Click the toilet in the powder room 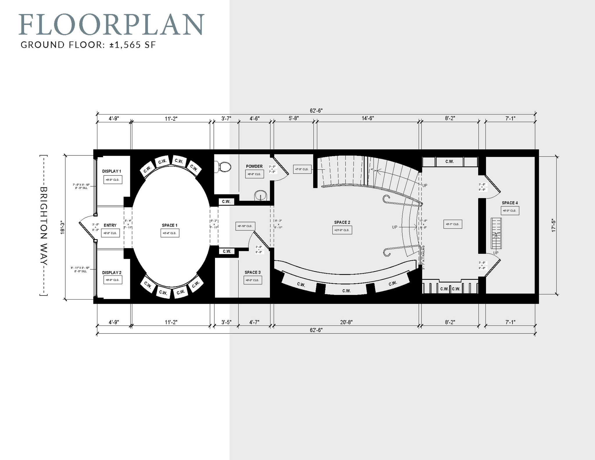pyautogui.click(x=224, y=167)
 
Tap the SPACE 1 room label pyautogui.click(x=169, y=225)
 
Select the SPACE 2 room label pyautogui.click(x=342, y=222)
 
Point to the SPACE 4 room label pyautogui.click(x=510, y=203)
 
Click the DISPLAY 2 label pyautogui.click(x=112, y=273)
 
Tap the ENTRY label pyautogui.click(x=110, y=225)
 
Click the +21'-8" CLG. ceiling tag pyautogui.click(x=342, y=230)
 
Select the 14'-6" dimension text pyautogui.click(x=368, y=118)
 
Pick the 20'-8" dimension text pyautogui.click(x=346, y=322)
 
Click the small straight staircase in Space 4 pyautogui.click(x=496, y=233)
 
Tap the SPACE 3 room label pyautogui.click(x=252, y=272)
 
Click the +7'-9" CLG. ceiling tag pyautogui.click(x=302, y=169)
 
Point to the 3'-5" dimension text pyautogui.click(x=226, y=322)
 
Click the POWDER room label pyautogui.click(x=254, y=166)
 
